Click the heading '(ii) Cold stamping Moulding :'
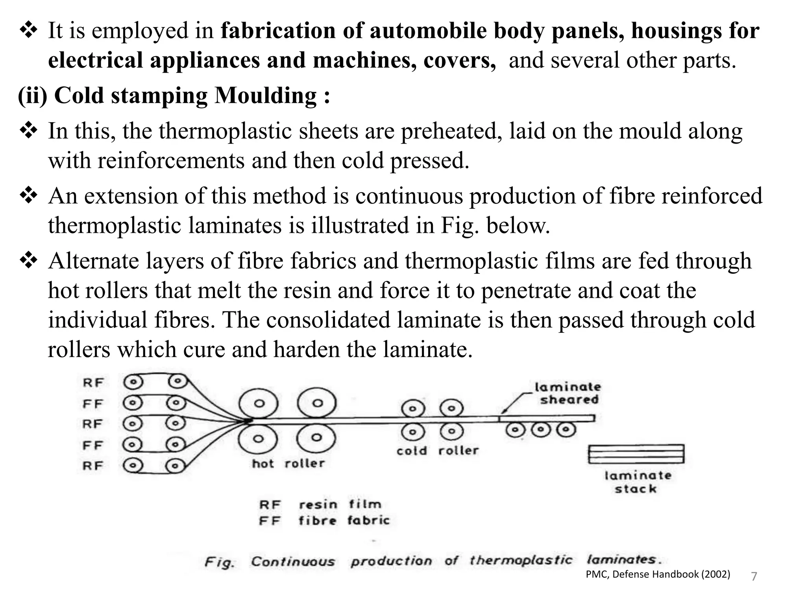(174, 96)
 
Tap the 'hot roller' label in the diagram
(288, 464)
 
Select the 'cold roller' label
(437, 451)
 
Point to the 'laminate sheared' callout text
(568, 393)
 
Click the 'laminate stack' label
(638, 482)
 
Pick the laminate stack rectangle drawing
(636, 454)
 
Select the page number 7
(754, 576)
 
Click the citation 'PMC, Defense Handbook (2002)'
(658, 575)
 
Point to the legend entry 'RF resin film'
(320, 505)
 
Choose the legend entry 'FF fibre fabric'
(324, 521)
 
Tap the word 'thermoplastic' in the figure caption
(521, 560)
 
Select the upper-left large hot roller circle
(259, 403)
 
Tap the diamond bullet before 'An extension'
(28, 196)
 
